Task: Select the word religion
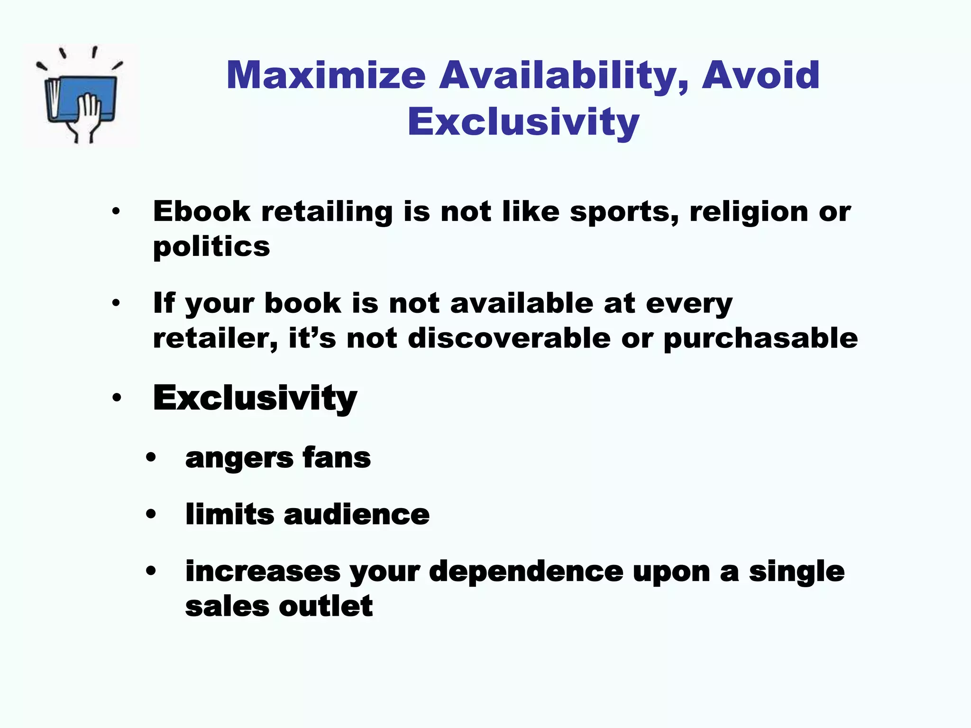pos(749,212)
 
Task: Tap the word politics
pos(211,247)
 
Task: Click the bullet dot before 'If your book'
pos(116,303)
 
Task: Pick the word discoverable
pos(509,338)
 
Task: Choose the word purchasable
pos(760,338)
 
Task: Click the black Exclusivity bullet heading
pos(255,398)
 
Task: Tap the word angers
pos(239,458)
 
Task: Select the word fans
pos(337,458)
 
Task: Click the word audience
pos(357,514)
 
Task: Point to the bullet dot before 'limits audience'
pos(151,514)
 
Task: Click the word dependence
pos(526,572)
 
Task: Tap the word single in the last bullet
pos(797,572)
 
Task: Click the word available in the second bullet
pos(522,303)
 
